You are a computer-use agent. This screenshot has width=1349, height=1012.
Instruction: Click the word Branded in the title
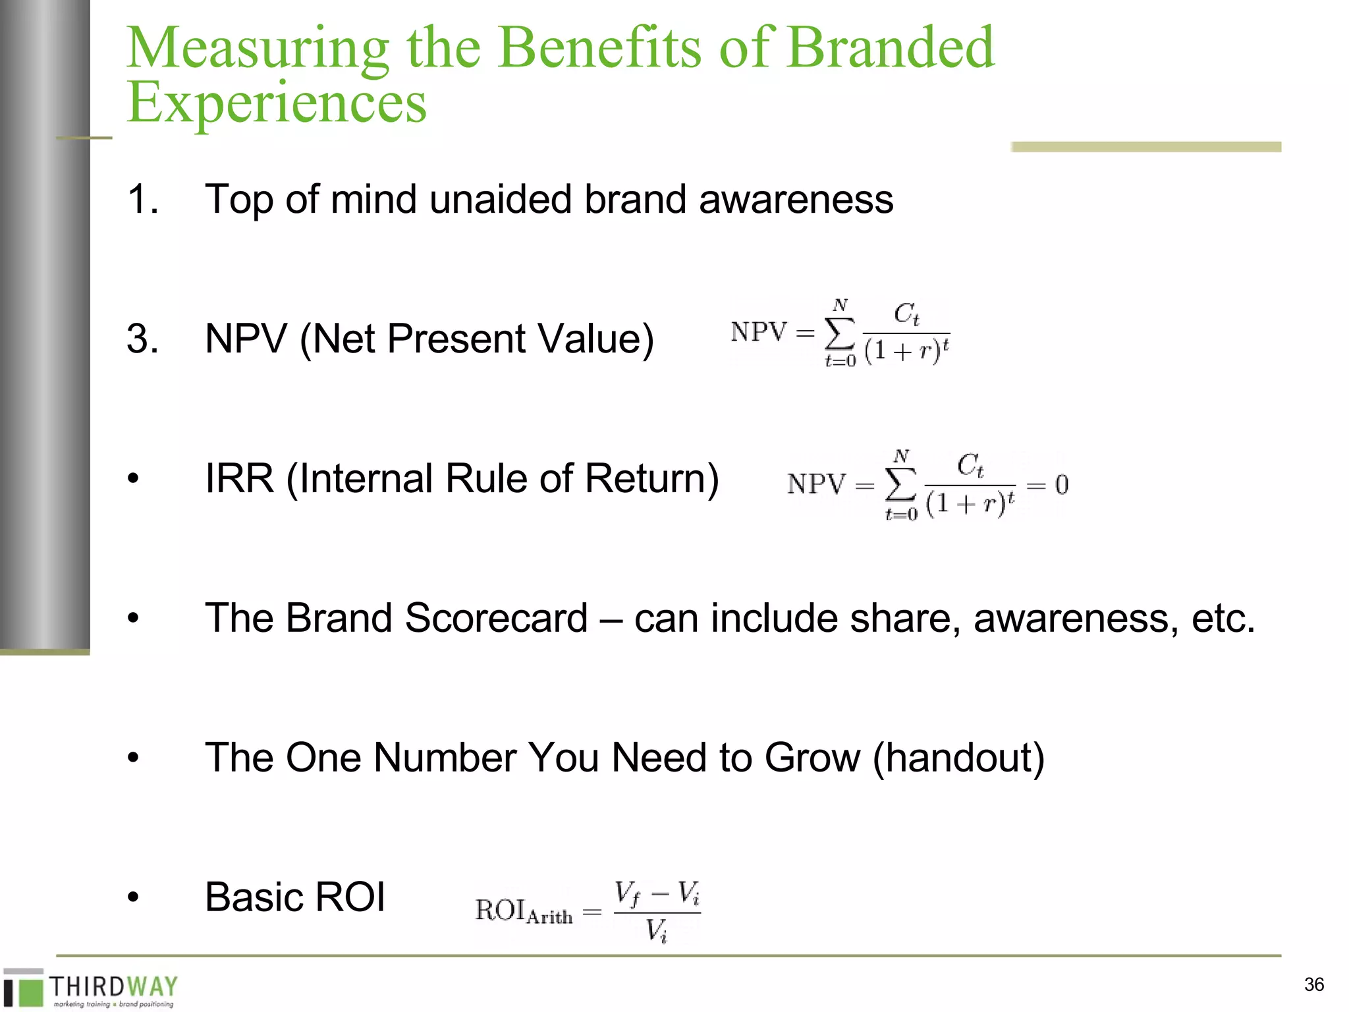coord(891,47)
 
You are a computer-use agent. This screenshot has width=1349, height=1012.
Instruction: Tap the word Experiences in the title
coord(277,102)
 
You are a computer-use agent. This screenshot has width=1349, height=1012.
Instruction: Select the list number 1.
coord(142,199)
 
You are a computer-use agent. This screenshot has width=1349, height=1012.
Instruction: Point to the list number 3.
coord(142,339)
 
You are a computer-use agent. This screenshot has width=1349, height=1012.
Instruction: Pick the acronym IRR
coord(239,478)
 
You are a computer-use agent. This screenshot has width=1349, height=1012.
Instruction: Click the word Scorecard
coord(496,618)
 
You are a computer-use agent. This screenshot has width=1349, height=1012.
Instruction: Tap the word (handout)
coord(958,758)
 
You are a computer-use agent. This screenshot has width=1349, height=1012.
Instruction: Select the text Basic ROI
coord(294,897)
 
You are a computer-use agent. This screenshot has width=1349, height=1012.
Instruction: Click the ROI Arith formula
coord(588,911)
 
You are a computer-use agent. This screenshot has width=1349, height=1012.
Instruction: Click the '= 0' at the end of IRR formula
coord(1047,485)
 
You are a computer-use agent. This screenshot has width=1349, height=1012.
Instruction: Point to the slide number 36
coord(1313,984)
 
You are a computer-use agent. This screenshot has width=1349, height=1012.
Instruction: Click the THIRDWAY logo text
coord(113,986)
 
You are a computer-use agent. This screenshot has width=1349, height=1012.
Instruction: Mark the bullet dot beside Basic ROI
coord(134,897)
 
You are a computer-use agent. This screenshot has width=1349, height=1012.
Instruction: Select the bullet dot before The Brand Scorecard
coord(134,619)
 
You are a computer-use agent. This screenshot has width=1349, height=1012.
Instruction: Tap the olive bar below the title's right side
coord(1145,147)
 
